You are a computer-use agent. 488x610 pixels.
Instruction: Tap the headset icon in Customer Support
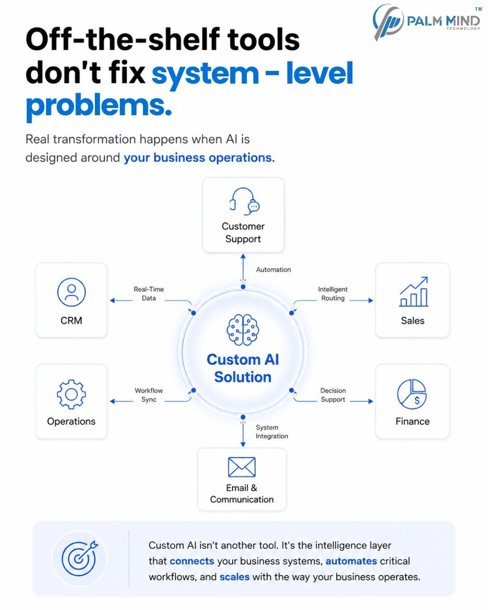coord(244,202)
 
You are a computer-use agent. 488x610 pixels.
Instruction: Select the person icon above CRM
coord(71,292)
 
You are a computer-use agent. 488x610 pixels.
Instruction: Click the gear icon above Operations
coord(71,394)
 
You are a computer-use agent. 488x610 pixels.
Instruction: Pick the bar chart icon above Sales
coord(413,292)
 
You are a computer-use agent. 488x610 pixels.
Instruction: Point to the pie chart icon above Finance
coord(412,394)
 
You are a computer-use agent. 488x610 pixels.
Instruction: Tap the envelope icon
coord(242,467)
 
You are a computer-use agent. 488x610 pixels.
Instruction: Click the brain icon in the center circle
coord(243,330)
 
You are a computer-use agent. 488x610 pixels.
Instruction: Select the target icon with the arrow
coord(80,558)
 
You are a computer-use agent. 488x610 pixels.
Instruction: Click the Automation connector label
coord(273,270)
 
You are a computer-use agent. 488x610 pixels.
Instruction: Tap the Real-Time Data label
coord(149,294)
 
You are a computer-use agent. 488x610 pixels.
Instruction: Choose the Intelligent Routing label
coord(333,294)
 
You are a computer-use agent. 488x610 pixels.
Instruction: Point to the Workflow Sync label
coord(149,395)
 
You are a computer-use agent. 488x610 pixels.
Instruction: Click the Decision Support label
coord(333,395)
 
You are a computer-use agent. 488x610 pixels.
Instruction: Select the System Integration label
coord(272,432)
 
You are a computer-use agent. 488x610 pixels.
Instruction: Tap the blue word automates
coord(351,561)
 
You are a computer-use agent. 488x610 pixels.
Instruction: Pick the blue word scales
coord(235,577)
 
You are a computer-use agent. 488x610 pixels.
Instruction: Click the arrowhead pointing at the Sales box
coord(371,300)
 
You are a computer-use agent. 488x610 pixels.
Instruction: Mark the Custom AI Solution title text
coord(243,368)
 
